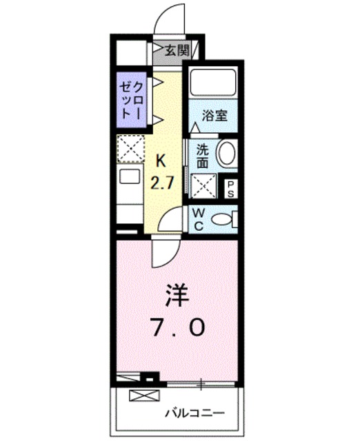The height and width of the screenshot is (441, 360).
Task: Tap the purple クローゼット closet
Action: (x=132, y=100)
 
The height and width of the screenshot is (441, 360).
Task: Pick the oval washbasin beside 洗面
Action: (x=226, y=154)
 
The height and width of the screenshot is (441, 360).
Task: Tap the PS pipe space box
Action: (x=230, y=188)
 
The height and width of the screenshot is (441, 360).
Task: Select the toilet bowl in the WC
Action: (x=222, y=219)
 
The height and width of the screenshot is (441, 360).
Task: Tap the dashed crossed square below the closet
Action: (x=130, y=147)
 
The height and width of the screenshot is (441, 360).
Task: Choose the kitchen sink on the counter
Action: (x=130, y=177)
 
